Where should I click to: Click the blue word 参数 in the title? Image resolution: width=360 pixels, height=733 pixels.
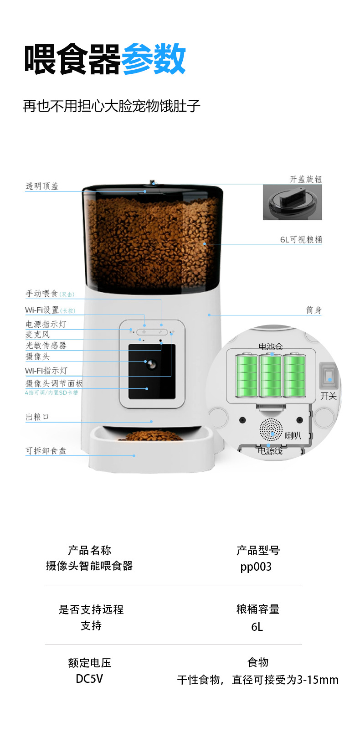(154, 59)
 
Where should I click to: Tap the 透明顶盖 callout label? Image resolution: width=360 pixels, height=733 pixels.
(42, 186)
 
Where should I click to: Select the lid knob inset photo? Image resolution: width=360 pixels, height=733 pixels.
(292, 202)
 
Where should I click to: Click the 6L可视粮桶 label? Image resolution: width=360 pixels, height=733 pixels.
(301, 239)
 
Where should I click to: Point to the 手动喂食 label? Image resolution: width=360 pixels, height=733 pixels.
(42, 294)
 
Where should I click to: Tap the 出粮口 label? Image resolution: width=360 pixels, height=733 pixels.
(37, 417)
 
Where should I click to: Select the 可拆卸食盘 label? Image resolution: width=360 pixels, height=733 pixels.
(46, 450)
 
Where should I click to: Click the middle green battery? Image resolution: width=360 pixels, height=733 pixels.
(271, 376)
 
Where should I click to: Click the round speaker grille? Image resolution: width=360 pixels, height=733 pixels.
(271, 429)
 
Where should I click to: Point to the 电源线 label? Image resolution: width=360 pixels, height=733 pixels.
(270, 451)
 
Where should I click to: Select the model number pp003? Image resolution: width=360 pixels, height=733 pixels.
(256, 567)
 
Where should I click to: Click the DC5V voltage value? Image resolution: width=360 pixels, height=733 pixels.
(89, 679)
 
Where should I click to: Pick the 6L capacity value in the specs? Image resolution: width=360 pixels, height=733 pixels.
(257, 627)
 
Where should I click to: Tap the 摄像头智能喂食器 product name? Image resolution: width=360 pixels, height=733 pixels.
(89, 566)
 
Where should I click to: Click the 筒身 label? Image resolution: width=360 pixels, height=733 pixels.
(314, 310)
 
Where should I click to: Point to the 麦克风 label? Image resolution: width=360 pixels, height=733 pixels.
(37, 335)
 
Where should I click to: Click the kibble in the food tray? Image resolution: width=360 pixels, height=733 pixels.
(153, 436)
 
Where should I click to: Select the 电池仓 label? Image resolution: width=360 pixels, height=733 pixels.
(271, 346)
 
